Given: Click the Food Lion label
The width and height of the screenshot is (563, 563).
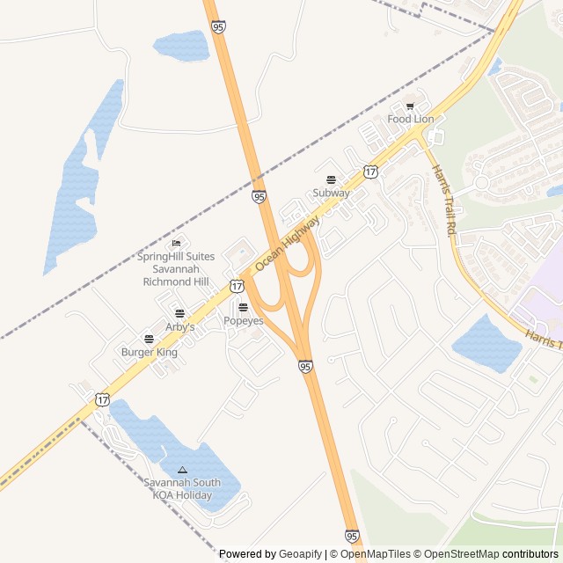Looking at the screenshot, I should coord(411,119).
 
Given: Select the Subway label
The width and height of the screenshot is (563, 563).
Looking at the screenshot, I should coord(332,193).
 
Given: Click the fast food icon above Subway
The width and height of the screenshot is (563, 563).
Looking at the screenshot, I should coord(332,179).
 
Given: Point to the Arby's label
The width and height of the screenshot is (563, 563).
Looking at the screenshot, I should coord(179,326).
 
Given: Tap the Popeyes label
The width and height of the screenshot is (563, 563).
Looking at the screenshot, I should coord(243,321).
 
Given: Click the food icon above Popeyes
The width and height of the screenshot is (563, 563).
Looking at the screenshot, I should coord(243,307).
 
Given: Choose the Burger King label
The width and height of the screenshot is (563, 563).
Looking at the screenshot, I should coord(149,352).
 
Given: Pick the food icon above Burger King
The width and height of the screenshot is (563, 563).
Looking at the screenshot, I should coord(149,339).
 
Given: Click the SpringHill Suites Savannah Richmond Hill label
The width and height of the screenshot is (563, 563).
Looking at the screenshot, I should coord(177,269).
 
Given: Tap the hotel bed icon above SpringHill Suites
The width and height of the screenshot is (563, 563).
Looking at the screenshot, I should coord(177,243).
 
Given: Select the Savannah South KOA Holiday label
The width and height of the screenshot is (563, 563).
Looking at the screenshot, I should coord(183,489).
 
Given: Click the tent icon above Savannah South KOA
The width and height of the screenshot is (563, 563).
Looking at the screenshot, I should coord(183,470).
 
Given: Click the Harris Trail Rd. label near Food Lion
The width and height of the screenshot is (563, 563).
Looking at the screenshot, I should coord(442,199).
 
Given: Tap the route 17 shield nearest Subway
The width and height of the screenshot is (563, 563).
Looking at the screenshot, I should coord(371,172).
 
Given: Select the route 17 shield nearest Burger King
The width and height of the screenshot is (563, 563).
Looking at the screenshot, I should coord(102,398).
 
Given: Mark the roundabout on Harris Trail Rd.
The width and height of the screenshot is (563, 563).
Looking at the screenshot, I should coord(481,184).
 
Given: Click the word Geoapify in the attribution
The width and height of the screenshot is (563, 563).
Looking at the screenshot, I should coord(300,554).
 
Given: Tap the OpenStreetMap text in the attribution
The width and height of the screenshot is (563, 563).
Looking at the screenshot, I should coord(461,554).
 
